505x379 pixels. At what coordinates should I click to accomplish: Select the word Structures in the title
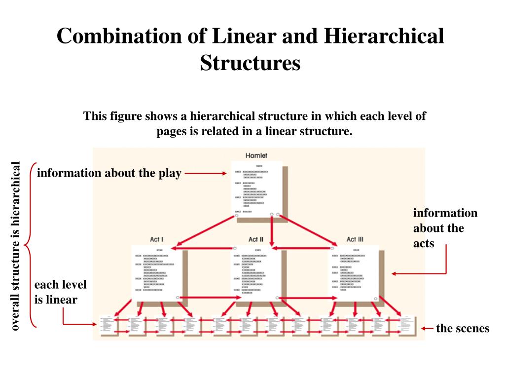click(250, 63)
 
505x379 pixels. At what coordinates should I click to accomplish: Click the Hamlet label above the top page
click(256, 156)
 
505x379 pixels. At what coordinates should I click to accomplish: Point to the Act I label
click(157, 239)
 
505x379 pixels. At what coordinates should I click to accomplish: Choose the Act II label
click(256, 239)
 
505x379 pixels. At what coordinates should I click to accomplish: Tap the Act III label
click(355, 239)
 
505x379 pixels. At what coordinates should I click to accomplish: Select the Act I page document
click(157, 271)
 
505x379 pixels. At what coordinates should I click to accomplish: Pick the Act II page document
click(256, 271)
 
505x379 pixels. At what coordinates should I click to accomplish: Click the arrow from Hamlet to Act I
click(205, 230)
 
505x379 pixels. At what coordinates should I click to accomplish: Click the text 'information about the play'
click(109, 173)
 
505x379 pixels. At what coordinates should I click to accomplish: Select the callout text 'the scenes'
click(463, 329)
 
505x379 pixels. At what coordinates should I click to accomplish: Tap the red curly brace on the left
click(29, 245)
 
